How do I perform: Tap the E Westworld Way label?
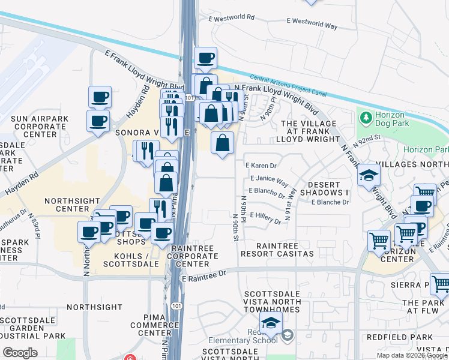click(312, 24)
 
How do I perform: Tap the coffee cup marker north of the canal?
click(206, 58)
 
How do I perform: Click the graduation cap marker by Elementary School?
click(271, 323)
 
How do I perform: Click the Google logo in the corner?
click(20, 353)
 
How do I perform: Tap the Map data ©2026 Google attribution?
click(411, 355)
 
